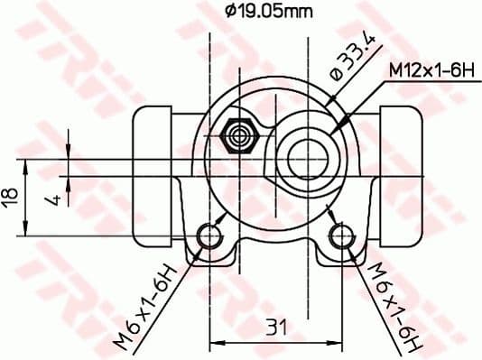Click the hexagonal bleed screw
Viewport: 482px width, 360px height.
coord(240,135)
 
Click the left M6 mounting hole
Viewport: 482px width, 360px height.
coord(209,237)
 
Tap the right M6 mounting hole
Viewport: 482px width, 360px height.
coord(340,237)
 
